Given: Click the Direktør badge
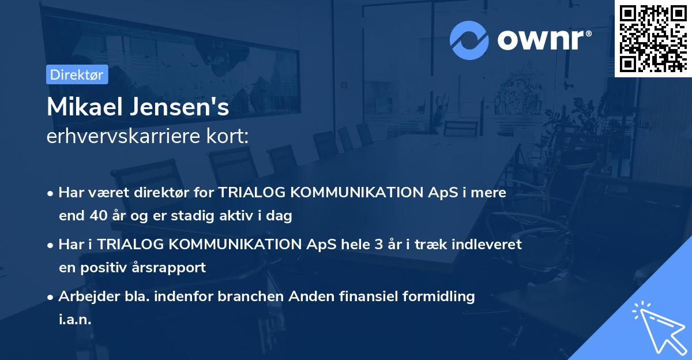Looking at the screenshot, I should [x=77, y=74].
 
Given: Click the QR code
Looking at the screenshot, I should [x=653, y=39].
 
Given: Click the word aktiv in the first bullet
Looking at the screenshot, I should [x=234, y=216].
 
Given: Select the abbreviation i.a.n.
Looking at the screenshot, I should [x=75, y=320].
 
